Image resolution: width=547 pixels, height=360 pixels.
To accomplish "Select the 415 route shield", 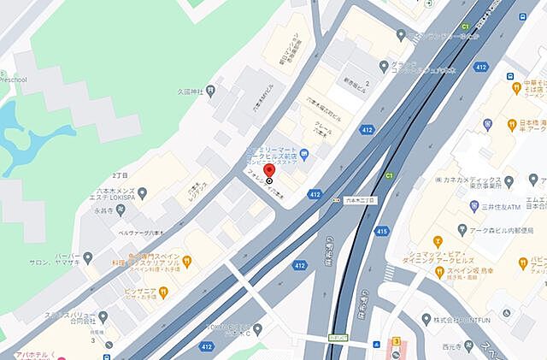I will click(x=381, y=231).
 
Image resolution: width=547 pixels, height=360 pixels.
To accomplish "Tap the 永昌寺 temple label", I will click(x=104, y=210).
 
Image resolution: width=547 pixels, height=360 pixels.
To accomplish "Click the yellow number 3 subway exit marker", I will click(x=397, y=341).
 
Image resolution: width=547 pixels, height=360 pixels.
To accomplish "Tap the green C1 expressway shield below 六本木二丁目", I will click(x=389, y=176).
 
